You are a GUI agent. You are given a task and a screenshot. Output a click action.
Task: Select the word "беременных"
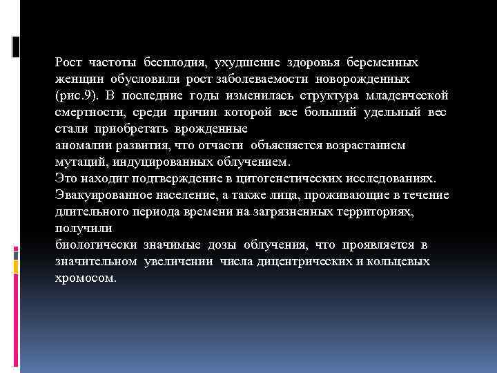coord(384,63)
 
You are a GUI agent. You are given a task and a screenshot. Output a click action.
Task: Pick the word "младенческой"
coord(409,95)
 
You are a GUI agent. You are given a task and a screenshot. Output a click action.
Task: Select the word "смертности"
coord(84,112)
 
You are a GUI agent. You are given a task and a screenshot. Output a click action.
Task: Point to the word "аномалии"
coord(79,145)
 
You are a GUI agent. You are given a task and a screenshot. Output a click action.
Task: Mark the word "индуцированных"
coord(149,162)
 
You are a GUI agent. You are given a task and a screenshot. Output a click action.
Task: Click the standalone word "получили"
coord(78,228)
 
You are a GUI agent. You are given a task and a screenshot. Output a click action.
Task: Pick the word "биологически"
coord(96,245)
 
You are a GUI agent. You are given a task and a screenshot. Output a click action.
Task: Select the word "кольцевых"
coord(401,262)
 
